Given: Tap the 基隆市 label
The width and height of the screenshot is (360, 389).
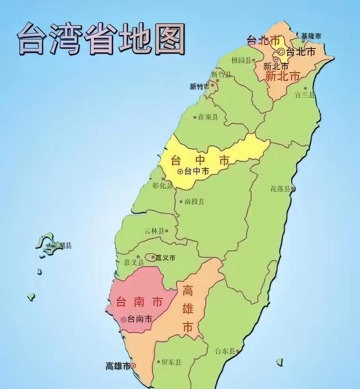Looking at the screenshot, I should point(311,36).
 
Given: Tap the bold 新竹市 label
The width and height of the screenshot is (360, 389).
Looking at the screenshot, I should point(199,86).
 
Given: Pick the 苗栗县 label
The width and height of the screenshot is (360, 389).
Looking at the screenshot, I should point(208,117).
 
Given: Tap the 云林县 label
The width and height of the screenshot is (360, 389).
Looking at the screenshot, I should point(155,231).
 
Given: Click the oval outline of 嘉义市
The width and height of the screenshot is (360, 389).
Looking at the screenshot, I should point(151,258).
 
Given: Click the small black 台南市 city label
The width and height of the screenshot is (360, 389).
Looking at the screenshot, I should point(140,319).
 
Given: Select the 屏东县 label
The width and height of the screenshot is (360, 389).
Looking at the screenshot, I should point(168,363).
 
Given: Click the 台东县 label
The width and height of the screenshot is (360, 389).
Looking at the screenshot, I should point(224,351).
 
